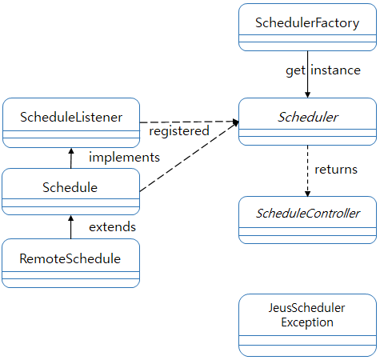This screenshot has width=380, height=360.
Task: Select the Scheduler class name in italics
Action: [308, 118]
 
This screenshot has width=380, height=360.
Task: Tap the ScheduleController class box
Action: [308, 214]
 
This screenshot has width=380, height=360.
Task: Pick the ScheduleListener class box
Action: [71, 118]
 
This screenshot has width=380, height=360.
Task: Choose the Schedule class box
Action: [70, 188]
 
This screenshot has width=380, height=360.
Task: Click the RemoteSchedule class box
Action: [70, 258]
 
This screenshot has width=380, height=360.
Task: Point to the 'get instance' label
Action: [323, 70]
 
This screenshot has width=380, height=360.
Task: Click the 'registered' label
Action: [179, 130]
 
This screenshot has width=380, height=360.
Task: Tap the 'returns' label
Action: [335, 169]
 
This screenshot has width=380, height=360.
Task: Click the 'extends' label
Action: [111, 226]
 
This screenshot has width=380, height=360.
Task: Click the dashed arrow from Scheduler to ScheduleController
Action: [307, 172]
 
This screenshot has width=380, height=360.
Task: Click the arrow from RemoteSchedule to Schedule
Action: [70, 229]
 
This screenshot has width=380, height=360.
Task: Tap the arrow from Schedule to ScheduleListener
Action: [70, 158]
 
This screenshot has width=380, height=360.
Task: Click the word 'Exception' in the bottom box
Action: [307, 322]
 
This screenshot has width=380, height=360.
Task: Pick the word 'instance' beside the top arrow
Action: [335, 70]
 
